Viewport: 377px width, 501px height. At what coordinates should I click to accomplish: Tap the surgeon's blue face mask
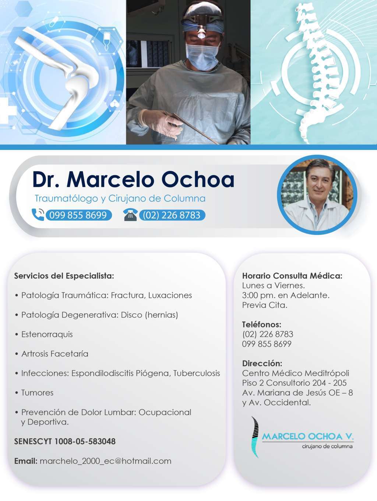pos(202,56)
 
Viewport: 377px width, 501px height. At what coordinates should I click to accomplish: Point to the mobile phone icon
pos(38,214)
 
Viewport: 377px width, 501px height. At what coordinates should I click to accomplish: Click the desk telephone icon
pos(131,215)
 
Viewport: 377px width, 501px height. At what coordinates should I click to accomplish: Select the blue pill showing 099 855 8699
pos(79,215)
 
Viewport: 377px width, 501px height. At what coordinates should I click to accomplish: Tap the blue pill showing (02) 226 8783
pos(172,215)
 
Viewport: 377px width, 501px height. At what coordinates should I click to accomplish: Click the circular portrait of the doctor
pos(317,195)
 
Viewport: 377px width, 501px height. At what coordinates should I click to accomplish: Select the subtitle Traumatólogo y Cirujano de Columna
pos(120,198)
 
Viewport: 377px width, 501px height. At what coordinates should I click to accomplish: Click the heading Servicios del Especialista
pos(64,276)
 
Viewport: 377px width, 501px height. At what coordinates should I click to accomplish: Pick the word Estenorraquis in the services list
pos(47,334)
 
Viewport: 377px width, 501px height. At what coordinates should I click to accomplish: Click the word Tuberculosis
pos(197,373)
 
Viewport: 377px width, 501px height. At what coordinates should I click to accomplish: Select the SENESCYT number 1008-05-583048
pos(85,441)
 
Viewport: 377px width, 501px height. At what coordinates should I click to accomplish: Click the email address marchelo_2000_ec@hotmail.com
pos(106,461)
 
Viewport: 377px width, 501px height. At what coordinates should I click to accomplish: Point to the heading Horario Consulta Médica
pos(292,276)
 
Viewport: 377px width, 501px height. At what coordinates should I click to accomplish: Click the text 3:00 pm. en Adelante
pos(286,296)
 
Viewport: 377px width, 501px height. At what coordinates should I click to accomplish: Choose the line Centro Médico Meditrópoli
pos(296,373)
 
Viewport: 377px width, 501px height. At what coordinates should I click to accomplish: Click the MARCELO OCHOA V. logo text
pos(308,436)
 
